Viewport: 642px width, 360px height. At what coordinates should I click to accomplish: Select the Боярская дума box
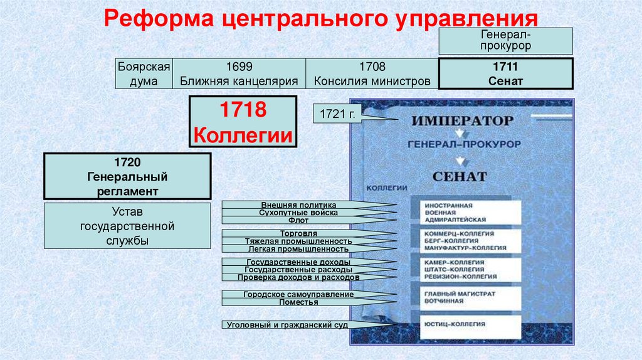pos(144,74)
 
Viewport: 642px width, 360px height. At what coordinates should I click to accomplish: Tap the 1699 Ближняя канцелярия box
pos(239,74)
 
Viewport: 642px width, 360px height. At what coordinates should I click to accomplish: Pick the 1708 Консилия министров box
pos(372,74)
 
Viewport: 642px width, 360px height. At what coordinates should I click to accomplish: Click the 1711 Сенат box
pos(505,74)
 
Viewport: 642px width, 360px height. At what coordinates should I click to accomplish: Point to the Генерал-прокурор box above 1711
pos(505,40)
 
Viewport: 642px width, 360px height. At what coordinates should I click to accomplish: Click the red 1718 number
pos(243,113)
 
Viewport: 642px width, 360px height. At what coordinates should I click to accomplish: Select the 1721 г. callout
pos(337,115)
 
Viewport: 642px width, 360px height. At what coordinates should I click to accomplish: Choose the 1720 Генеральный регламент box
pos(127,177)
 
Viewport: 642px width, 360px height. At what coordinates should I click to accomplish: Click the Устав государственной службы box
pos(127,226)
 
